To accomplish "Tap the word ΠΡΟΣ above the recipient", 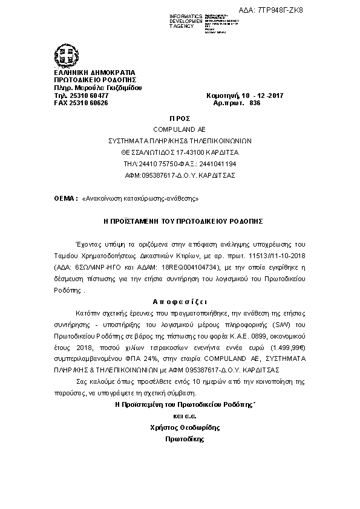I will [x=181, y=120].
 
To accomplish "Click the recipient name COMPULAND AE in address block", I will [x=180, y=129].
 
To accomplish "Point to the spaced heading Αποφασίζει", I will [x=181, y=300].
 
